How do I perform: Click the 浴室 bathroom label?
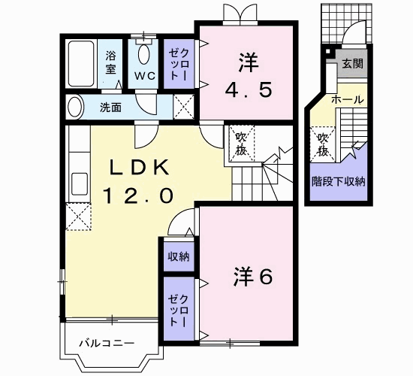click(110, 62)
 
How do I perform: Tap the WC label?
click(145, 76)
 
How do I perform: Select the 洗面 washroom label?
click(110, 107)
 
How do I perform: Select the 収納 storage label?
click(178, 256)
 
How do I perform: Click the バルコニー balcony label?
click(108, 344)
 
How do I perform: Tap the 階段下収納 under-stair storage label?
click(339, 180)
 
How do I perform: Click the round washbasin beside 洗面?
click(74, 107)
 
